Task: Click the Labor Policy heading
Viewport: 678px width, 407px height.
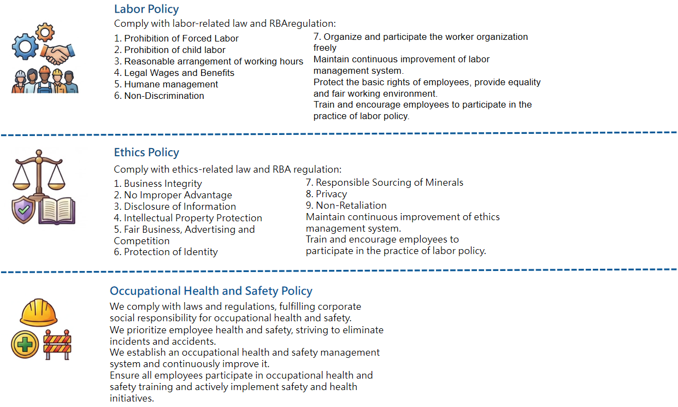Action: point(146,9)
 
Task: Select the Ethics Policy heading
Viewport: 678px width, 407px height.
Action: point(146,152)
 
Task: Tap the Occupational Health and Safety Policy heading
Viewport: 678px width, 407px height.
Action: point(211,291)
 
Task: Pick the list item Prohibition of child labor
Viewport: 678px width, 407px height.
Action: point(169,50)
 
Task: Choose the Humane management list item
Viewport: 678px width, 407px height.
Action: point(166,84)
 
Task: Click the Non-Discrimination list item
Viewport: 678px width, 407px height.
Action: point(159,96)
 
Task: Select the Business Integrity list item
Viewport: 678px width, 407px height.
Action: point(158,184)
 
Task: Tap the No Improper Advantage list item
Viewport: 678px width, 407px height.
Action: point(173,195)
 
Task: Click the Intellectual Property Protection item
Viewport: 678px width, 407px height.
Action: point(188,218)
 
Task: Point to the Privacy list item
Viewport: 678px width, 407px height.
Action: point(326,194)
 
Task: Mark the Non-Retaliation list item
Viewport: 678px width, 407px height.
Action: point(346,205)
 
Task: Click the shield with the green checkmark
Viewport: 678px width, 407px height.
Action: point(23,209)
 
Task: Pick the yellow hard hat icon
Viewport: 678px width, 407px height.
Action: point(38,311)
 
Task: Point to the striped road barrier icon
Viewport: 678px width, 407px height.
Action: point(57,344)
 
